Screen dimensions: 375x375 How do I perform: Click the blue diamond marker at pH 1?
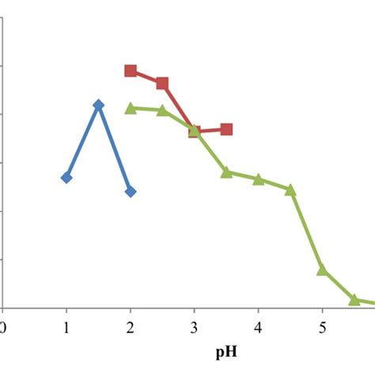point(66,177)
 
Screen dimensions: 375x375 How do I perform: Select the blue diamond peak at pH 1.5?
point(98,105)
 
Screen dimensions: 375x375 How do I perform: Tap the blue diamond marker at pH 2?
point(131,191)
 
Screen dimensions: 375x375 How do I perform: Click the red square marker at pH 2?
point(131,70)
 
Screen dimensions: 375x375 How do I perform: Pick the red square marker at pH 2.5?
point(162,83)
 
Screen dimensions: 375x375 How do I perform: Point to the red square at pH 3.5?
point(226,129)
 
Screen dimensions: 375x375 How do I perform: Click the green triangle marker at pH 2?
point(131,108)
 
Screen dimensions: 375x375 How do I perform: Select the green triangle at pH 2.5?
point(162,110)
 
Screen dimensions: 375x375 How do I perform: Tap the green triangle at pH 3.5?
point(226,172)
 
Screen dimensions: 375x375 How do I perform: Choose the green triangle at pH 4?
point(259,179)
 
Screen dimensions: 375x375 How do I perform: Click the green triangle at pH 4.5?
point(290,190)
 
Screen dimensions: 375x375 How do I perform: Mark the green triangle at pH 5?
point(322,271)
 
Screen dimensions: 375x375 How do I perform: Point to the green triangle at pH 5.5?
point(354,300)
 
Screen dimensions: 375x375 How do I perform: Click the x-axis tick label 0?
point(3,327)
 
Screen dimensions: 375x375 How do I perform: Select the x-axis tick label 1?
point(66,327)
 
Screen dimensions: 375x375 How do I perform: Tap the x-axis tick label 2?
point(131,327)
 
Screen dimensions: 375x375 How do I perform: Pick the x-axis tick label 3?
point(195,327)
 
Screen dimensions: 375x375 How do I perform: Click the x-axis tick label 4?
point(259,327)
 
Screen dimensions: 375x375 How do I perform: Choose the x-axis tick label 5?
point(322,327)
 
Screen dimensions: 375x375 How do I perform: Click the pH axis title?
point(226,352)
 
